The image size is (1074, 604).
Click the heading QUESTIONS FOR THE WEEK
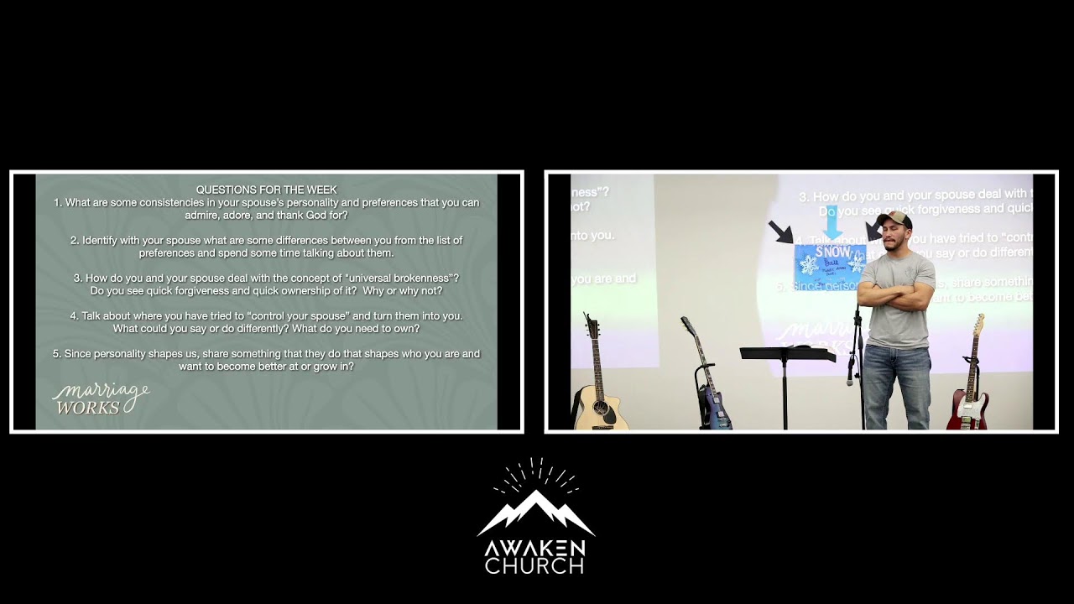[x=266, y=190]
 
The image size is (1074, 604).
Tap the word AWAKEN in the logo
[x=534, y=548]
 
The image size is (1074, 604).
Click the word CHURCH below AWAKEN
[x=534, y=566]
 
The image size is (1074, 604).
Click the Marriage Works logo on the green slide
[x=100, y=399]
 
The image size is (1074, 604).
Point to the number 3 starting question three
[x=77, y=278]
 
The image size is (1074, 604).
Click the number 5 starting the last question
[x=55, y=354]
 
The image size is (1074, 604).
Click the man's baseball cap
[x=894, y=220]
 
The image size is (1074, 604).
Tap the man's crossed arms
[x=895, y=293]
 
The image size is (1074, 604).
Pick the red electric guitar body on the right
[x=967, y=411]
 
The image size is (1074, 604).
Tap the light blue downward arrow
[x=832, y=222]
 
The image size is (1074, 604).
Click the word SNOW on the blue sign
[x=832, y=252]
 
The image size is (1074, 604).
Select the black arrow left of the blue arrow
[x=781, y=232]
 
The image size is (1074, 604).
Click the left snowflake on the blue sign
[x=809, y=265]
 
